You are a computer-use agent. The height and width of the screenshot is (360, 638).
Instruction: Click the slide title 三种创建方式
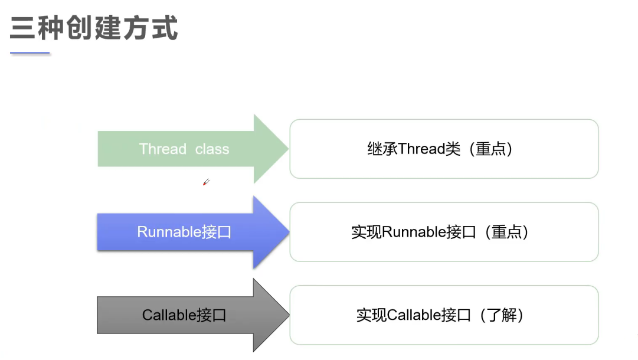(x=94, y=28)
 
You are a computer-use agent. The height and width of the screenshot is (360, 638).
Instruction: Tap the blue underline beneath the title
(x=30, y=54)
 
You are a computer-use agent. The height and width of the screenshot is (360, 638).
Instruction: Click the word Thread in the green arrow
(x=162, y=149)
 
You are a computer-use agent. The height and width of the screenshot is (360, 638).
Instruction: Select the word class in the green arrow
(x=212, y=149)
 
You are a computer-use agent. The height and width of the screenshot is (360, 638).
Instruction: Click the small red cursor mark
(x=205, y=182)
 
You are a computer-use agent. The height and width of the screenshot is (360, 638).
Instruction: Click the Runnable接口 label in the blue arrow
(x=184, y=232)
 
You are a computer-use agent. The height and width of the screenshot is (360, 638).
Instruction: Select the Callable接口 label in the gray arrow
(x=184, y=315)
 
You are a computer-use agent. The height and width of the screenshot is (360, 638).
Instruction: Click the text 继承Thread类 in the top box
(x=413, y=149)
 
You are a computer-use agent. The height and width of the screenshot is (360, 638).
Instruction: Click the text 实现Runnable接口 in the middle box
(x=413, y=232)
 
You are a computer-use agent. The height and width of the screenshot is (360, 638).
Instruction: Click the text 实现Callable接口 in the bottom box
(x=413, y=315)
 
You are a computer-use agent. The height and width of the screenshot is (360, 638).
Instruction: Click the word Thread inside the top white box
(x=421, y=149)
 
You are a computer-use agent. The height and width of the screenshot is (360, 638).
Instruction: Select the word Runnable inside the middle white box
(x=413, y=232)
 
